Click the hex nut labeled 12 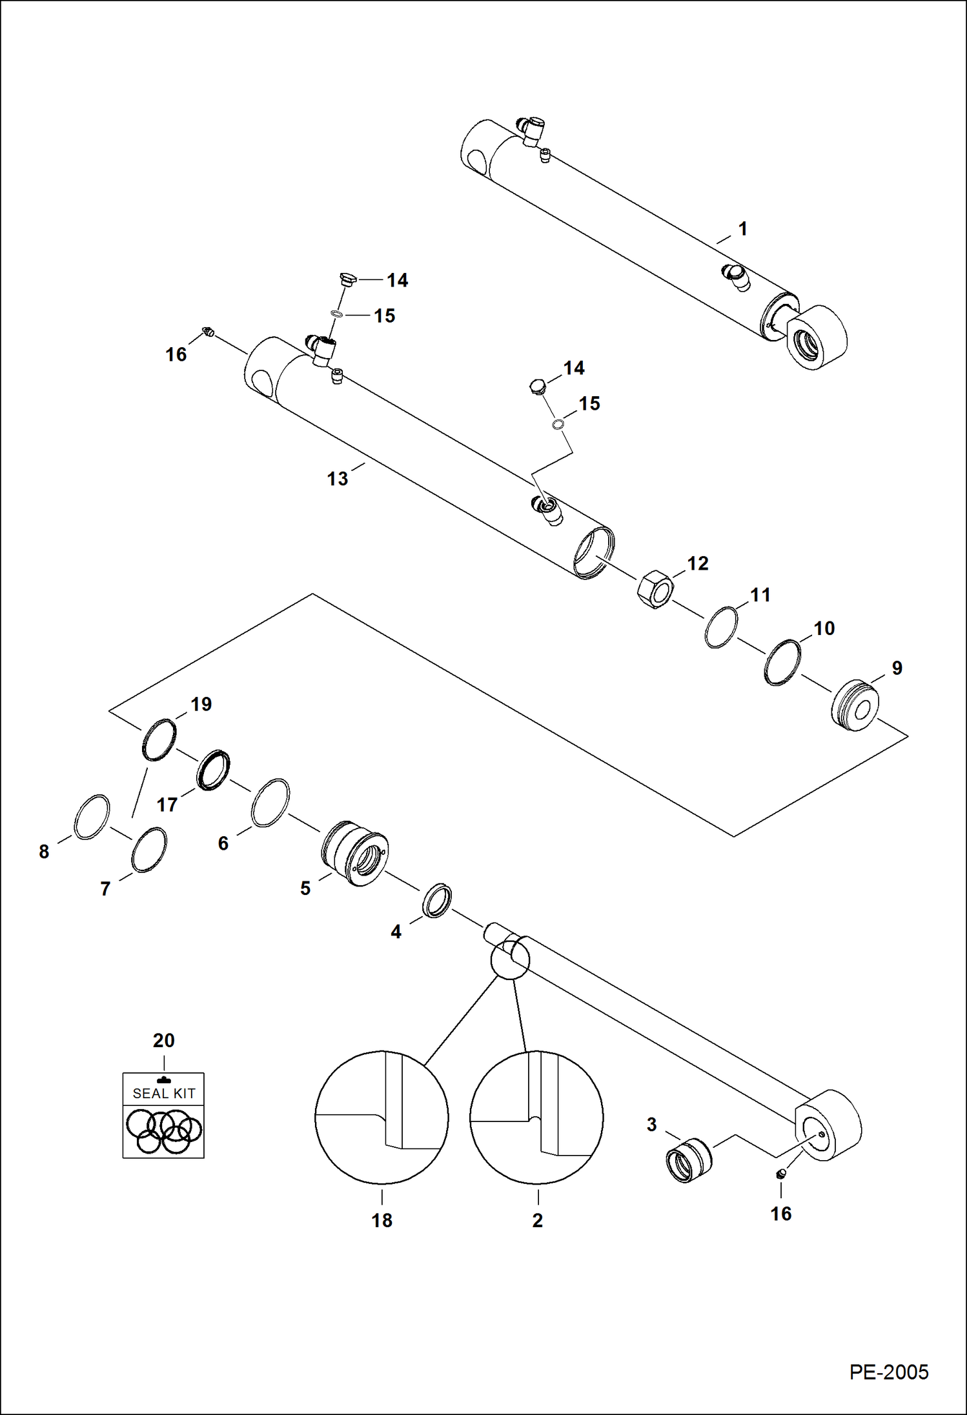point(655,589)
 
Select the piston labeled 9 point(855,705)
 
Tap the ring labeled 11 point(720,627)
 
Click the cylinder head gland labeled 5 point(355,854)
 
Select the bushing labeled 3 point(688,1160)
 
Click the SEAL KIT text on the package point(163,1093)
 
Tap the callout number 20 point(163,1040)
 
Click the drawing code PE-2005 point(888,1372)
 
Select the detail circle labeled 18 point(382,1118)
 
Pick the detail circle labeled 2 point(536,1118)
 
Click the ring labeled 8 point(92,817)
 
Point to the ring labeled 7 point(149,849)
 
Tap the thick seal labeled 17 point(213,770)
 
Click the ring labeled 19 point(159,739)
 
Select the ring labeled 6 point(270,803)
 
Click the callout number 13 point(337,479)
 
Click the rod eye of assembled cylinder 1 point(817,337)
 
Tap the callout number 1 point(742,229)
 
